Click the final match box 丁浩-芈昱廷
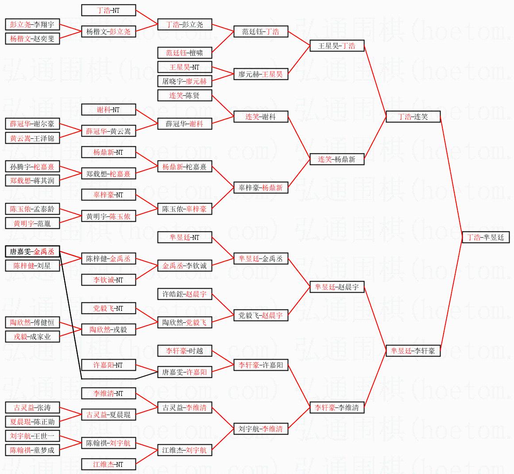pyautogui.click(x=486, y=237)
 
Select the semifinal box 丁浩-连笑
pyautogui.click(x=413, y=117)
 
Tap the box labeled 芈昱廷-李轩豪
pyautogui.click(x=413, y=351)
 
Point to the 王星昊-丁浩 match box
pyautogui.click(x=337, y=46)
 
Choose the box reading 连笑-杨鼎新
pyautogui.click(x=337, y=159)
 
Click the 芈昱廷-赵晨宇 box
pyautogui.click(x=337, y=287)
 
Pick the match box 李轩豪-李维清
pyautogui.click(x=337, y=407)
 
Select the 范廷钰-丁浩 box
pyautogui.click(x=261, y=31)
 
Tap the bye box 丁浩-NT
pyautogui.click(x=108, y=10)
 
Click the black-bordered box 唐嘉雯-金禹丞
pyautogui.click(x=32, y=251)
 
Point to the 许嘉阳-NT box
pyautogui.click(x=108, y=365)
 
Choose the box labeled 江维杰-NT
pyautogui.click(x=108, y=464)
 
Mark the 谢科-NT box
pyautogui.click(x=108, y=110)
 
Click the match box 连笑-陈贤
pyautogui.click(x=185, y=95)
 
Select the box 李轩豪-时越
pyautogui.click(x=185, y=351)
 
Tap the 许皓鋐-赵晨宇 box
pyautogui.click(x=185, y=294)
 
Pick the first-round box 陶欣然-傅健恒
pyautogui.click(x=32, y=322)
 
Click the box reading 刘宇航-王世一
pyautogui.click(x=32, y=436)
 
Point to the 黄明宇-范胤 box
pyautogui.click(x=32, y=223)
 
